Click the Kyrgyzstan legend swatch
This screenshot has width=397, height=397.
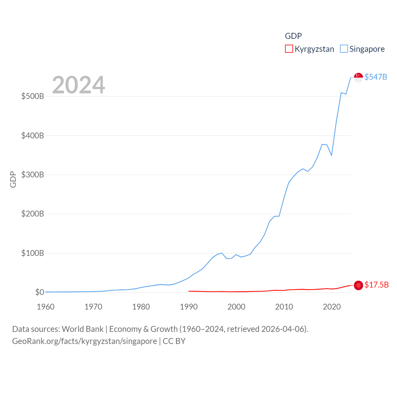click(x=289, y=49)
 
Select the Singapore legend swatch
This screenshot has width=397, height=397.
click(x=344, y=49)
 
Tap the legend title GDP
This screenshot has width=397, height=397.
click(x=293, y=36)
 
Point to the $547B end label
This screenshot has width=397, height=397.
click(x=376, y=77)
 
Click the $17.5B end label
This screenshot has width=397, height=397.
click(x=376, y=285)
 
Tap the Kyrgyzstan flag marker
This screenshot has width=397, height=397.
click(x=358, y=285)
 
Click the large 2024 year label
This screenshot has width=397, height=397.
click(x=78, y=85)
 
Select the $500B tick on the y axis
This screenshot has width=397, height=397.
click(x=33, y=96)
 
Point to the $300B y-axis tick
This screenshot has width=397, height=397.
click(x=33, y=175)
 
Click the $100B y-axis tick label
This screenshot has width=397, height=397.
click(x=33, y=253)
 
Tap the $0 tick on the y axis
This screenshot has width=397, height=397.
click(x=39, y=292)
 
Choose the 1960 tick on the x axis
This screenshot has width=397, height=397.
click(x=46, y=307)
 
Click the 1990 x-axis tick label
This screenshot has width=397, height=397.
click(x=189, y=307)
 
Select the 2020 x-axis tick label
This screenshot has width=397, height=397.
click(x=332, y=307)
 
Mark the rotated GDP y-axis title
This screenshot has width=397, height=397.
click(x=13, y=179)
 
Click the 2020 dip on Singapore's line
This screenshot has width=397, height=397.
click(x=332, y=155)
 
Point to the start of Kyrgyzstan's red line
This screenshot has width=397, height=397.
click(x=189, y=291)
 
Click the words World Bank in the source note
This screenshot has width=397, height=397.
click(x=83, y=329)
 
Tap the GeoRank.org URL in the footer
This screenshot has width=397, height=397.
click(x=84, y=341)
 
